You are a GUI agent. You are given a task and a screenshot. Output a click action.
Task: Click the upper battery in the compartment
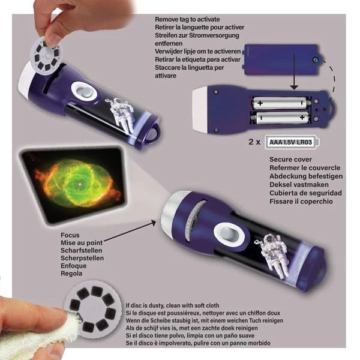(x=279, y=103)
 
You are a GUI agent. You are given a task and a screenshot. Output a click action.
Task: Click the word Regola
(x=73, y=274)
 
